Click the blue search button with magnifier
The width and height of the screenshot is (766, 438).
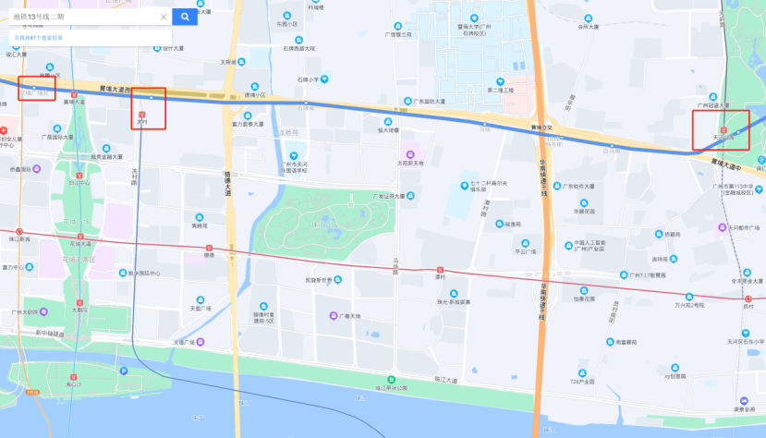click(x=185, y=16)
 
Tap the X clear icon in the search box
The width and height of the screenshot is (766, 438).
click(x=164, y=17)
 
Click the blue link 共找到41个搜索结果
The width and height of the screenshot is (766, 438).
click(x=39, y=37)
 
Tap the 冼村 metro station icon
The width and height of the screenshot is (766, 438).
click(x=141, y=112)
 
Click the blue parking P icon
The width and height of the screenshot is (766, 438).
click(x=123, y=371)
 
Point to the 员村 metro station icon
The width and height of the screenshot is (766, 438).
click(x=748, y=298)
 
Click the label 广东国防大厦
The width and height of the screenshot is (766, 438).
click(x=429, y=101)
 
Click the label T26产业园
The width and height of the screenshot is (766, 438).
click(x=583, y=380)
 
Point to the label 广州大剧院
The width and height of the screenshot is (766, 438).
click(x=24, y=311)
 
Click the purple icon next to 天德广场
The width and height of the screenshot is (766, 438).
click(x=168, y=342)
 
